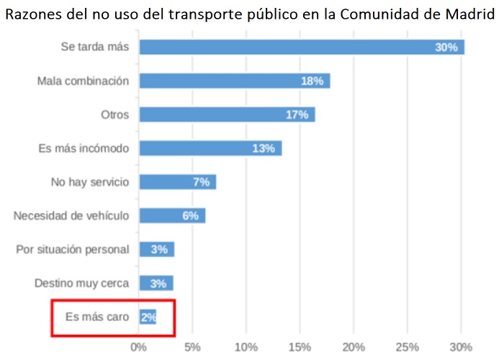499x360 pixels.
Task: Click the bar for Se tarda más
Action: pyautogui.click(x=301, y=47)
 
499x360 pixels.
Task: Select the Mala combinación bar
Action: pyautogui.click(x=234, y=81)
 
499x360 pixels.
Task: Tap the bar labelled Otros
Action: pyautogui.click(x=227, y=114)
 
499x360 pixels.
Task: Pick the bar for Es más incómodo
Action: pyautogui.click(x=210, y=148)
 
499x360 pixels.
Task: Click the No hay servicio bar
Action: pyautogui.click(x=177, y=182)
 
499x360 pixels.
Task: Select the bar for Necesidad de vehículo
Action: pyautogui.click(x=172, y=215)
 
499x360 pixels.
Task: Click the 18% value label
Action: pyautogui.click(x=312, y=81)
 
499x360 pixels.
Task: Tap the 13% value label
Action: pyautogui.click(x=264, y=148)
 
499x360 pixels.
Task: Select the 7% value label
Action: pyautogui.click(x=201, y=182)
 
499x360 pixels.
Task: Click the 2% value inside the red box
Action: pyautogui.click(x=148, y=317)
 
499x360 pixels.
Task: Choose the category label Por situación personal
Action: pyautogui.click(x=73, y=249)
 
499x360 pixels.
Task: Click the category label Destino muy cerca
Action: pyautogui.click(x=82, y=283)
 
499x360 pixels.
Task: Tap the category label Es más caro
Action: pyautogui.click(x=97, y=317)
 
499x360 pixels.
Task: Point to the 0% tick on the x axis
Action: pyautogui.click(x=139, y=347)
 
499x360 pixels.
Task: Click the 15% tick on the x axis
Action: pyautogui.click(x=300, y=347)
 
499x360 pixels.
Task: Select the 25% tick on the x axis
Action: pyautogui.click(x=408, y=347)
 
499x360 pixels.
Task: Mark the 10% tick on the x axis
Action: pyautogui.click(x=246, y=347)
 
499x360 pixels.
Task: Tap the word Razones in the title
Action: pyautogui.click(x=30, y=14)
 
